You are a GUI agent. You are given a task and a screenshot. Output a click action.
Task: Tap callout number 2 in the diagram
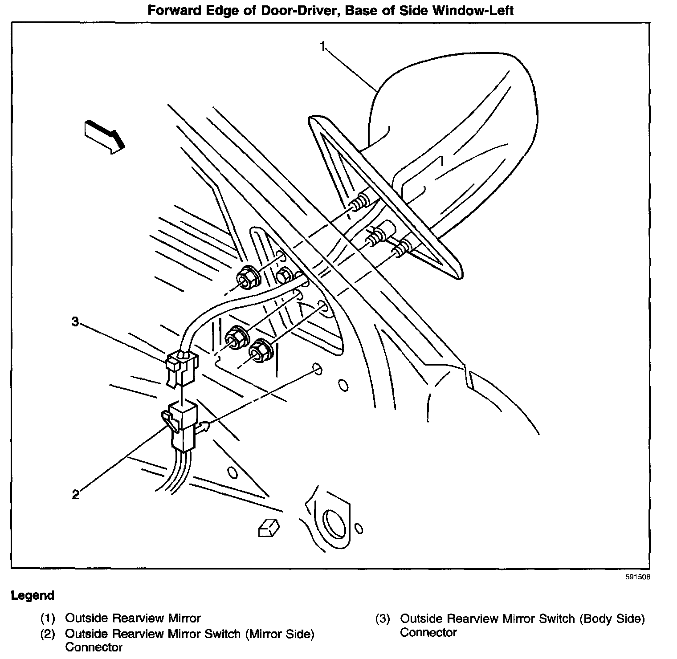[x=76, y=494]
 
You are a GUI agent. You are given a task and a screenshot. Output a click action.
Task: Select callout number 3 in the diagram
[x=76, y=321]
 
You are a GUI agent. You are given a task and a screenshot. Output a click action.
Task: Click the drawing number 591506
[x=637, y=577]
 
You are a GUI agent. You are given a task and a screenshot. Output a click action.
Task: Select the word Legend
[x=33, y=595]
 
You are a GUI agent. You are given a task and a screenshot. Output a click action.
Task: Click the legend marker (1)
[x=48, y=618]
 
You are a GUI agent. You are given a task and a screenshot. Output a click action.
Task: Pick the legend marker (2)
[x=48, y=634]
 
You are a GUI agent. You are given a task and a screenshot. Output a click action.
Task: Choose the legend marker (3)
[x=383, y=619]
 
